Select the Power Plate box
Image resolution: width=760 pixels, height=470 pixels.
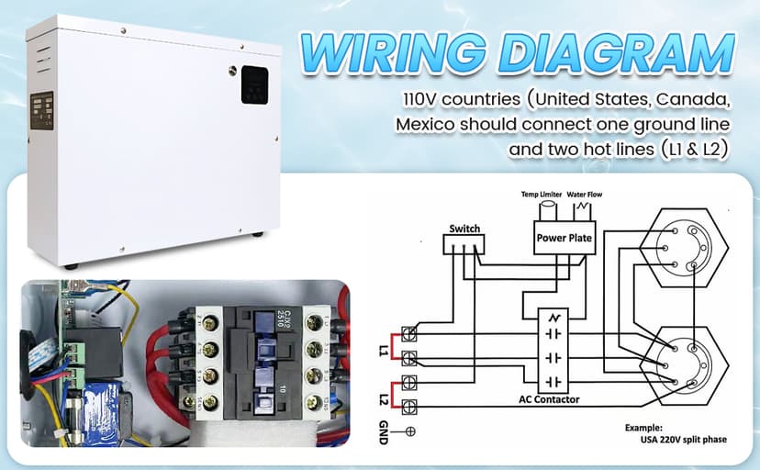pos(564,238)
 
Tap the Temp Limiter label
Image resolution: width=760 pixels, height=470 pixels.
pos(541,196)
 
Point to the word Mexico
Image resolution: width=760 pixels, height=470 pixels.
pos(423,124)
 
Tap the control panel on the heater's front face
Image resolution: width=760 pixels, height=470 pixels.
pos(41,114)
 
